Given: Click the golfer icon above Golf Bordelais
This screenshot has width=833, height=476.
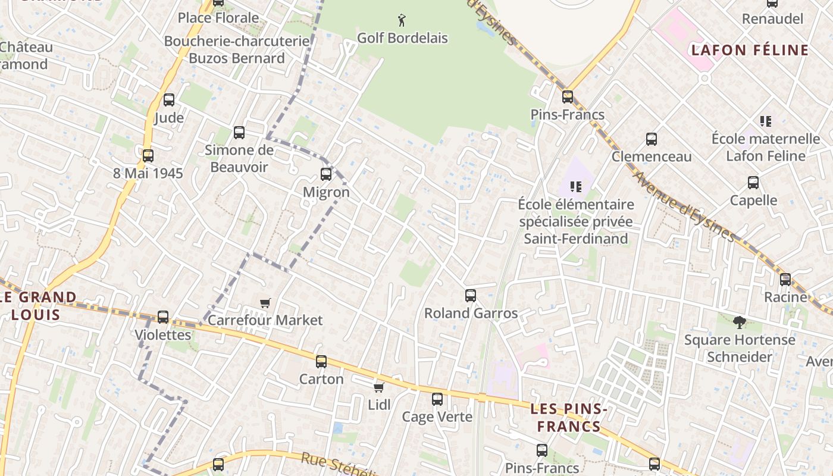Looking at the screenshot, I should coord(402,20).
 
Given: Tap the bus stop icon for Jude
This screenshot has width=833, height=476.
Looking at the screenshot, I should coord(169,100).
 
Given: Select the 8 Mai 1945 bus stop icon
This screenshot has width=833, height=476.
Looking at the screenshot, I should coord(148,156).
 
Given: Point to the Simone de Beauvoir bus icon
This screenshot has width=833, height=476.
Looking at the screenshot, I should coord(239,133).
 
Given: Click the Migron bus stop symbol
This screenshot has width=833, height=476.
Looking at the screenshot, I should coord(326,174).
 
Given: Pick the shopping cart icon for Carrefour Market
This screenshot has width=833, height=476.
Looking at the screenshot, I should coord(265,303).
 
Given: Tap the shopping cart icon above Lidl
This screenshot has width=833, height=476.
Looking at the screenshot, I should coord(378,388).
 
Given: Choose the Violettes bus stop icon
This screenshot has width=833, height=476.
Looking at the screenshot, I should coord(163,317).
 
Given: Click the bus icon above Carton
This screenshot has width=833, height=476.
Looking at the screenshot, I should coord(321,361).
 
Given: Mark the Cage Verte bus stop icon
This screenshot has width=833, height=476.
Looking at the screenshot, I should coord(437,399).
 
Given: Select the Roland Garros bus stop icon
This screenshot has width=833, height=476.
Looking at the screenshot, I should coord(471,295).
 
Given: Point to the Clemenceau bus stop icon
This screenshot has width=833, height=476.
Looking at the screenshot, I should coord(652,139).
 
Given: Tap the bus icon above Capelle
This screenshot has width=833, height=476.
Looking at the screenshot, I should coord(753,183).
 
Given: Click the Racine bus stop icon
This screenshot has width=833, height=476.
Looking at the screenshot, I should coord(785,279).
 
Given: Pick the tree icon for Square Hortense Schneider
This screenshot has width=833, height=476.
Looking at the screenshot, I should coord(740,322).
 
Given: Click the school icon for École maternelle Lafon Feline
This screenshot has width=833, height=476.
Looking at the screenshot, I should coord(766,121).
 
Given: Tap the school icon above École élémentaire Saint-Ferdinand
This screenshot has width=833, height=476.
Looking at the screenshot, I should coord(575,187).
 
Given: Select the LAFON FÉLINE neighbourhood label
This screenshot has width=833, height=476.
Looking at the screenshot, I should coord(750,50).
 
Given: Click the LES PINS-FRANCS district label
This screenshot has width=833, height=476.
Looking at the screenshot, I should coord(568,418).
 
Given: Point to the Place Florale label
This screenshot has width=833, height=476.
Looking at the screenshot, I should coord(218,18).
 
